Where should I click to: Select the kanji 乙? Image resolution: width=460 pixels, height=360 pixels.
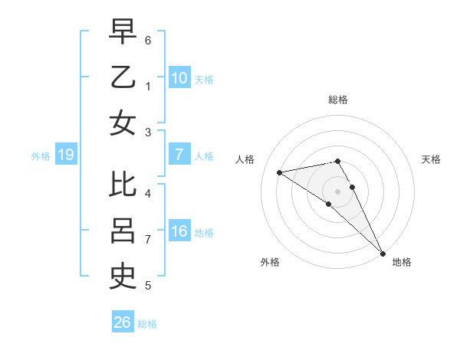coord(123,78)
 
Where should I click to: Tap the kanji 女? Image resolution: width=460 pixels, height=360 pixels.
coord(123,123)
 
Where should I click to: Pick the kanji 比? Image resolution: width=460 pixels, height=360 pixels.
coord(123,186)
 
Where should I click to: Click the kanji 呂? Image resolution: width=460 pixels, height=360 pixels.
coord(123,231)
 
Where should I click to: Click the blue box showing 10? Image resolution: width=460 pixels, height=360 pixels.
coord(179,77)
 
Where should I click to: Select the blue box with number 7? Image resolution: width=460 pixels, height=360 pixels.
coord(179,155)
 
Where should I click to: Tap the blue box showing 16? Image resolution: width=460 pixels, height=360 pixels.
coord(179,231)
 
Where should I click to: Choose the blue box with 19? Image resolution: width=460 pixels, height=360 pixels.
coord(65,155)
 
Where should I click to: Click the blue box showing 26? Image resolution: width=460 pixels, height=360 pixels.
coord(122,322)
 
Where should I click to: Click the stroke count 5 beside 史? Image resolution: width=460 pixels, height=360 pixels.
coord(148,286)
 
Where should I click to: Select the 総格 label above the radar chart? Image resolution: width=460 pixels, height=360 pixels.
coord(338,100)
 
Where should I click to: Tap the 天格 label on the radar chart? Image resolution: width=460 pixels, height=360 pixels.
coord(431,159)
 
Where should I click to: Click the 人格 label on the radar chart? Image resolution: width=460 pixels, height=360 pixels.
coord(245,159)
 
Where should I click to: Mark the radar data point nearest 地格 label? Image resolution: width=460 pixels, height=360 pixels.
coord(382,253)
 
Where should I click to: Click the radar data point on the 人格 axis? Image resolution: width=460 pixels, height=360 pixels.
coord(280,172)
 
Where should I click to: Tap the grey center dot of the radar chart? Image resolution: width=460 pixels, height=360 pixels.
coord(338,191)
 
